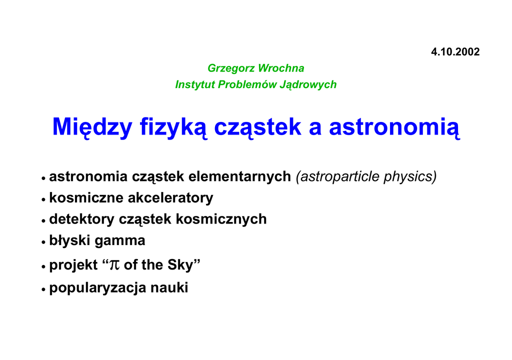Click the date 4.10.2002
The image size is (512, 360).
pos(455,52)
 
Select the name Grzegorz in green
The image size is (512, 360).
pos(231,68)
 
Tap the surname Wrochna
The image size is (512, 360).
pos(281,68)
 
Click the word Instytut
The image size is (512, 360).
pos(195,85)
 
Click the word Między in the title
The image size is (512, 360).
pos(92,127)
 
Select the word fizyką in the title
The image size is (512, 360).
pos(173,127)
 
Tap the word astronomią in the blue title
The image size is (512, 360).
pos(394,127)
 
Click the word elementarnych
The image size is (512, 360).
pos(239,176)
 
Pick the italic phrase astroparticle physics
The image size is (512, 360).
pos(366,176)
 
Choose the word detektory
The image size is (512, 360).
pos(81,219)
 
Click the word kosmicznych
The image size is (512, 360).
pos(221,219)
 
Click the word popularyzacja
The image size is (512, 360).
pos(97,288)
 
